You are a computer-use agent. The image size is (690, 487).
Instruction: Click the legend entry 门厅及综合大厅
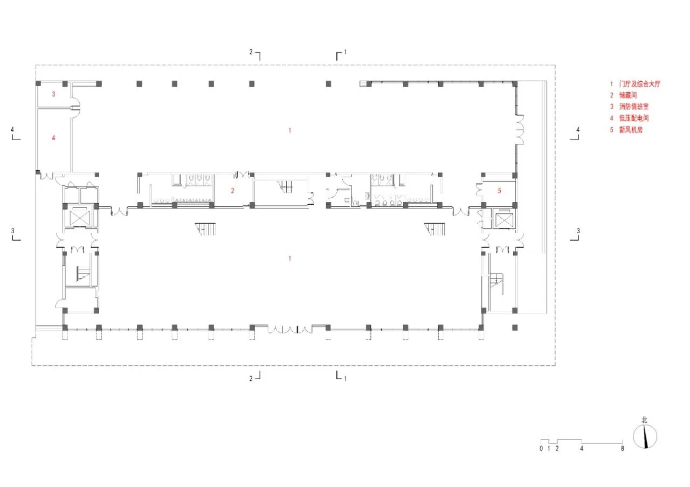pos(636,84)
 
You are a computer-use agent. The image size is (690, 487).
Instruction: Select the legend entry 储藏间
pos(624,95)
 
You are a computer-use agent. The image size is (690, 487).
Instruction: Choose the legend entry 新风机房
pos(626,130)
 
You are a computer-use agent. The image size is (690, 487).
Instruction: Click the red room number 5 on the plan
pos(499,191)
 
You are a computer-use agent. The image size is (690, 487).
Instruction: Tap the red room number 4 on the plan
pos(53,137)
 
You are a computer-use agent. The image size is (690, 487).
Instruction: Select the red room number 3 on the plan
pos(53,94)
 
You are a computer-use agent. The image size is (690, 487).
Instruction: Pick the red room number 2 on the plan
pos(232,191)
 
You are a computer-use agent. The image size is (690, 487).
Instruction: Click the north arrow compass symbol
pos(645,436)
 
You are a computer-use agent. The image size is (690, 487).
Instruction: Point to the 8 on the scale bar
pos(622,449)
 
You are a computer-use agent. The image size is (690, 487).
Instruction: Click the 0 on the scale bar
pos(541,449)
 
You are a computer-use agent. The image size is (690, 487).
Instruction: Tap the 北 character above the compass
pos(644,420)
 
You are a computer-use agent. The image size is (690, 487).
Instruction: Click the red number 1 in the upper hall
pos(289,130)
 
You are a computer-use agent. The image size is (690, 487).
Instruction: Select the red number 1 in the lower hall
pos(289,258)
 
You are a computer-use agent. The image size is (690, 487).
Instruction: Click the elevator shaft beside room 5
pos(504,219)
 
